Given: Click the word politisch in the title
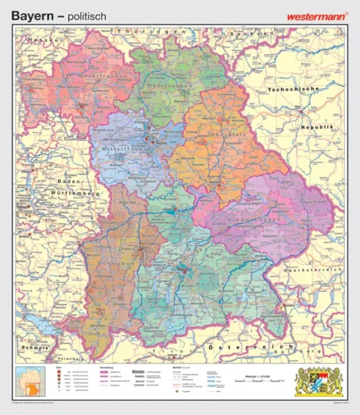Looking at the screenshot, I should (x=81, y=14).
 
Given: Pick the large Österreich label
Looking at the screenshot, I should (x=253, y=344).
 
